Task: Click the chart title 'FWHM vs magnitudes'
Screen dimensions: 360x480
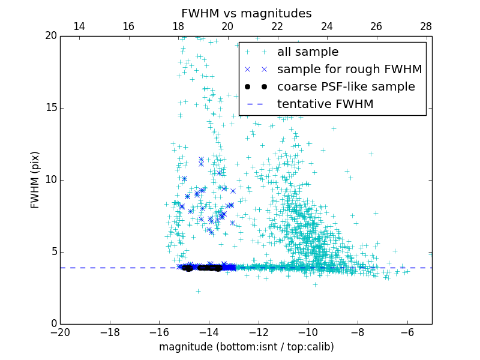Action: pos(246,13)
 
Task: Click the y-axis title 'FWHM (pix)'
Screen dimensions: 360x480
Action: pos(36,180)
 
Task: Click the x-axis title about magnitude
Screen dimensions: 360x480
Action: pos(246,347)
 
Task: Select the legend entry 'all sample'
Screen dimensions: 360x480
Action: pos(308,52)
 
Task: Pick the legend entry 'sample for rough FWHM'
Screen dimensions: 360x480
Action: pos(349,70)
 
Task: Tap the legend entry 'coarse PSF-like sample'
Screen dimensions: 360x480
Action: pos(346,87)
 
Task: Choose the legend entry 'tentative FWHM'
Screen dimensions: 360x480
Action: pos(325,104)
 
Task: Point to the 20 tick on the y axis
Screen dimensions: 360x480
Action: pos(50,36)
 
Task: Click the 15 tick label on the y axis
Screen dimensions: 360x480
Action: pos(50,108)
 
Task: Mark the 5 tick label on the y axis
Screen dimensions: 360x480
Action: pos(53,252)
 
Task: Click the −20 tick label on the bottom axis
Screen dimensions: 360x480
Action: pos(60,332)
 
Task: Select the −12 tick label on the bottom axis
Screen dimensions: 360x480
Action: pos(258,332)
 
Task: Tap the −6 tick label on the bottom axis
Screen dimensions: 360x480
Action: pos(407,332)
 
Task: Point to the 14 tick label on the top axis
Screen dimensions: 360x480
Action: pos(79,26)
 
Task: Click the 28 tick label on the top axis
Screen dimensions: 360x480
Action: pos(426,26)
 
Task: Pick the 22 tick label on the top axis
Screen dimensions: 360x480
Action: pos(277,26)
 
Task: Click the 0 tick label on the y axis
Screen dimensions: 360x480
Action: pos(53,324)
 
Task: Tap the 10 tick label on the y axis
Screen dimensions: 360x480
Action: pos(50,180)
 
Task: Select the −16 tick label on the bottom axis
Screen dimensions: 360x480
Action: pos(159,332)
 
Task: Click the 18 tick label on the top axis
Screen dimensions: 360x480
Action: pos(178,26)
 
